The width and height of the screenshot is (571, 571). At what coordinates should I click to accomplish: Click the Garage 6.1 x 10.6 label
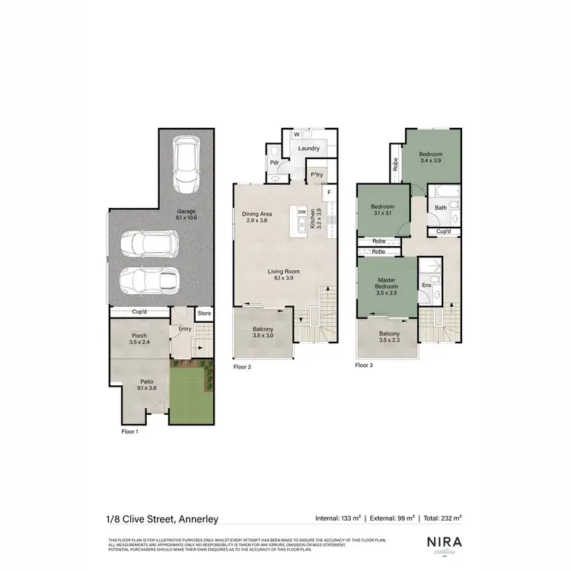[x=187, y=214]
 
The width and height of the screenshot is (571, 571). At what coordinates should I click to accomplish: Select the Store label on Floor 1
[x=204, y=313]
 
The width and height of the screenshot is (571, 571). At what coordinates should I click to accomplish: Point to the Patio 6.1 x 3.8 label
[x=146, y=386]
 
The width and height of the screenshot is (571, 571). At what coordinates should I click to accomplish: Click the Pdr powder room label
[x=273, y=161]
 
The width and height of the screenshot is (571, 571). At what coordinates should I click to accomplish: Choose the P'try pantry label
[x=317, y=174]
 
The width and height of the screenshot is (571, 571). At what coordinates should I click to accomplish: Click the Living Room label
[x=282, y=275]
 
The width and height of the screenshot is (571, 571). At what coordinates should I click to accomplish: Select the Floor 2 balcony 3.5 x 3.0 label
[x=263, y=333]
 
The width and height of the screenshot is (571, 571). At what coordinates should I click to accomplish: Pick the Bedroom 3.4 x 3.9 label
[x=430, y=158]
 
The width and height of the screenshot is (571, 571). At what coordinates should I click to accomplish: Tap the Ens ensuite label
[x=426, y=285]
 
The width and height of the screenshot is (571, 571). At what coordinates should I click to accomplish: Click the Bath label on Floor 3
[x=441, y=207]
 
